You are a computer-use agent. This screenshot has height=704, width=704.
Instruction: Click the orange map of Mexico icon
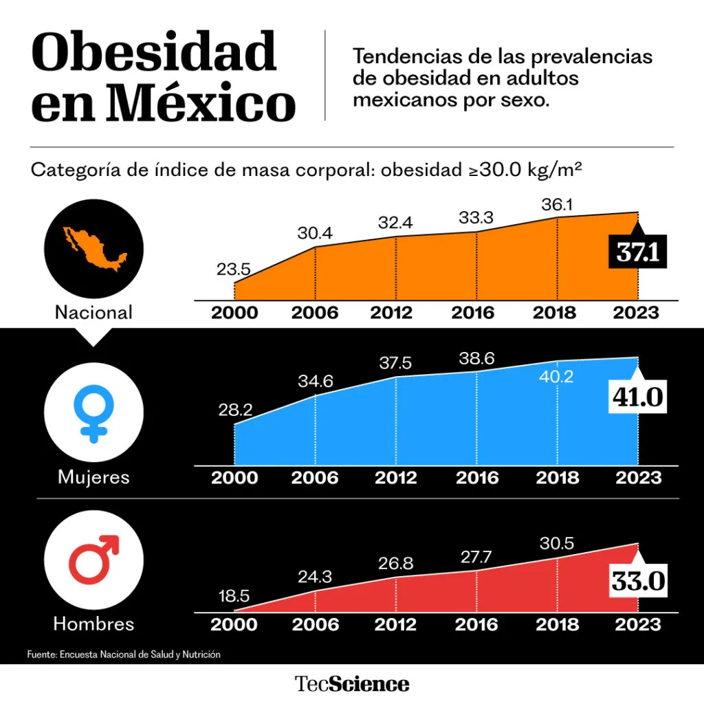[x=95, y=248]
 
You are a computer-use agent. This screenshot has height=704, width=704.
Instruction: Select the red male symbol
[x=95, y=560]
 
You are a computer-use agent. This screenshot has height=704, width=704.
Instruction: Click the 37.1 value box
[x=638, y=252]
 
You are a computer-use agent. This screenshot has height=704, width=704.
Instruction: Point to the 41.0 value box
[x=638, y=397]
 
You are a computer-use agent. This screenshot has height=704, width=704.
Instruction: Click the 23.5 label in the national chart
[x=234, y=269]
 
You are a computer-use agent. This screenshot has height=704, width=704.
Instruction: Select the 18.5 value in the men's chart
[x=234, y=596]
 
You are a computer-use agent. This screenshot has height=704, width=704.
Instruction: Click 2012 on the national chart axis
[x=395, y=313]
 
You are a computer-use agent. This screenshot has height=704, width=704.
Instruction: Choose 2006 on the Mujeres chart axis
[x=315, y=478]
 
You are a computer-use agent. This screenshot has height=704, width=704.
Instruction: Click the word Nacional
[x=94, y=313]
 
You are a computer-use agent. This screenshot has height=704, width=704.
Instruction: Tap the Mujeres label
[x=94, y=476]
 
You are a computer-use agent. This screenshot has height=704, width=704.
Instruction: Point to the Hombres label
[x=94, y=624]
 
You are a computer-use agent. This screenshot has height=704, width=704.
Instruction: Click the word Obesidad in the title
[x=154, y=52]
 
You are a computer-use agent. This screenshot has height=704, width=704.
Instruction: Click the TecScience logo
[x=352, y=684]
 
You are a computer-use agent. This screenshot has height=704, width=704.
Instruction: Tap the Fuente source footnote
[x=124, y=654]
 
